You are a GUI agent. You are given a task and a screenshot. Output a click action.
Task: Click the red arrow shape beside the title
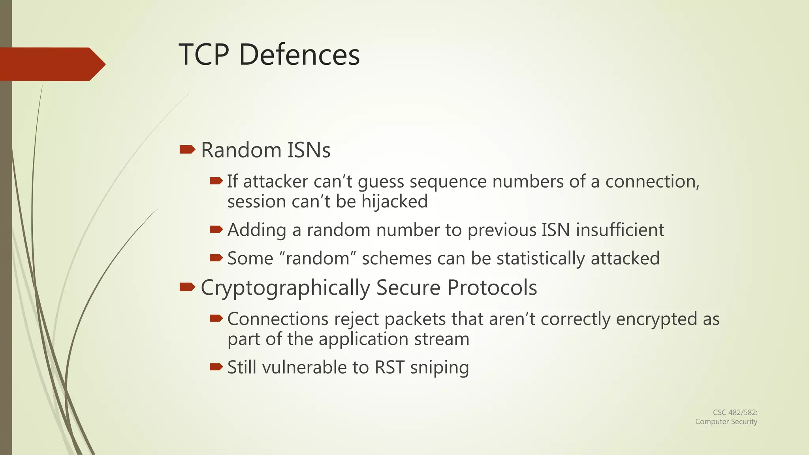(x=51, y=64)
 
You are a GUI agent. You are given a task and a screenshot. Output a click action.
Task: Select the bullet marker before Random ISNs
(x=187, y=149)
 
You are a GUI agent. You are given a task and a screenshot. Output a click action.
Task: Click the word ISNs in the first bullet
(x=309, y=150)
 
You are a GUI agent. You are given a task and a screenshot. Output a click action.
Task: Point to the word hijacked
(x=394, y=202)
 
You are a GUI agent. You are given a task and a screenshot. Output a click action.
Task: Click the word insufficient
(x=620, y=230)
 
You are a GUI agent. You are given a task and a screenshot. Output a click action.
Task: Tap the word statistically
(x=540, y=259)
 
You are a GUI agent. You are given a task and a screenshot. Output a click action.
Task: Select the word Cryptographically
(x=285, y=288)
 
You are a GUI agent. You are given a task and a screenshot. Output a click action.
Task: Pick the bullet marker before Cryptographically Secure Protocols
(x=187, y=287)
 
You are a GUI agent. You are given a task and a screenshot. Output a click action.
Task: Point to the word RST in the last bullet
(x=389, y=367)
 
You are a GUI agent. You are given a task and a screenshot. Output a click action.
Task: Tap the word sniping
(x=440, y=368)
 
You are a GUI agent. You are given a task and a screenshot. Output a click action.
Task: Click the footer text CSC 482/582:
(x=735, y=412)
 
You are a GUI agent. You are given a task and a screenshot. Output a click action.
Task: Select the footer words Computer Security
(x=726, y=421)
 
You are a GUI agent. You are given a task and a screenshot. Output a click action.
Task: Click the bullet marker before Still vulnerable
(x=216, y=367)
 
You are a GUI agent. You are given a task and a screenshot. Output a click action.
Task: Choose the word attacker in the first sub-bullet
(x=275, y=182)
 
